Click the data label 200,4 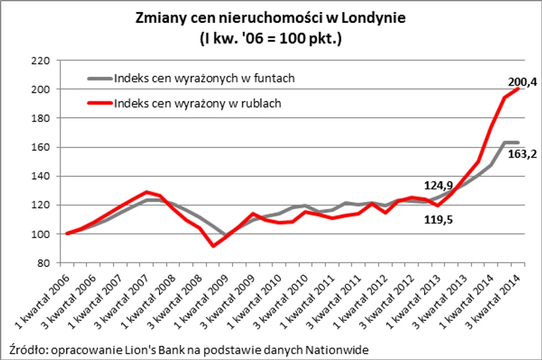[522, 82]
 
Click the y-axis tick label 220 [42, 61]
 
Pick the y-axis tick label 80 [44, 263]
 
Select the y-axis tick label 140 [42, 176]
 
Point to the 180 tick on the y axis [42, 118]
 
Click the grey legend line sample [99, 78]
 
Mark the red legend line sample [99, 104]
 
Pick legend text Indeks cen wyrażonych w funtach [205, 78]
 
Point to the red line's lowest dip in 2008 [213, 246]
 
